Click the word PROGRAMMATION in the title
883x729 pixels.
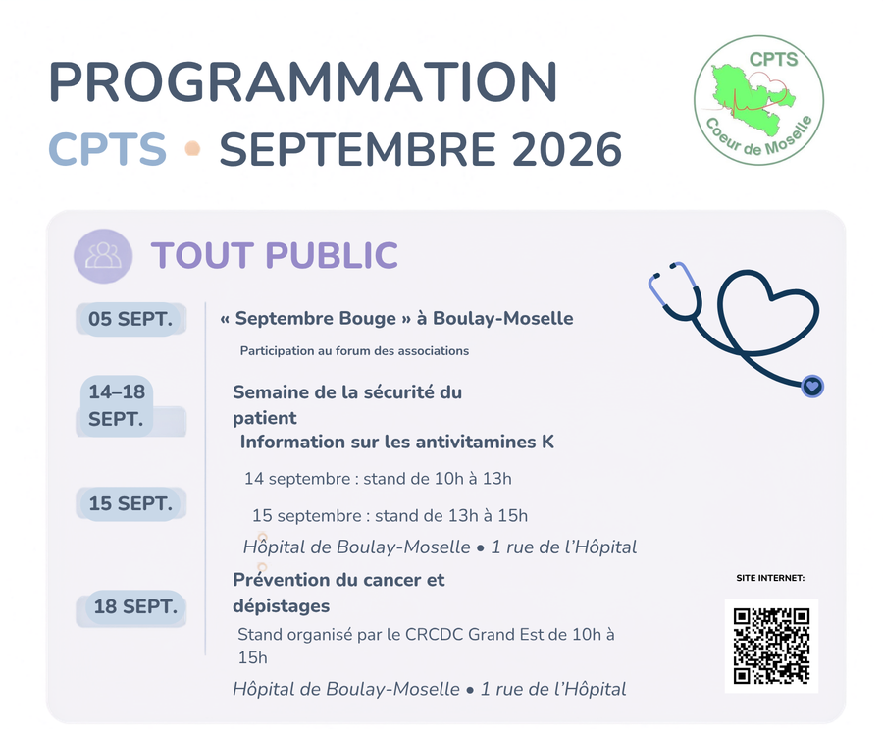[x=303, y=81]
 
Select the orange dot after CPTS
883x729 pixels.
[x=192, y=149]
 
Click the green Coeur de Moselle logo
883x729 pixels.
[x=758, y=100]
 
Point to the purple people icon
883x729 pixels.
[x=103, y=256]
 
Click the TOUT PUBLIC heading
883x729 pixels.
[x=275, y=255]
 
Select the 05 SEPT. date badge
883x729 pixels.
[x=130, y=319]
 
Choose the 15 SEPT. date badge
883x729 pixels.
[x=130, y=503]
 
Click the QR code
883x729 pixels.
[x=771, y=646]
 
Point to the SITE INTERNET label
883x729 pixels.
[x=770, y=578]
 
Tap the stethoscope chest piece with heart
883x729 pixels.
[x=812, y=387]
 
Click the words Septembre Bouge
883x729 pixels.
[x=315, y=318]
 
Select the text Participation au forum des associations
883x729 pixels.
[x=354, y=351]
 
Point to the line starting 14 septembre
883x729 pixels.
[x=378, y=479]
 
